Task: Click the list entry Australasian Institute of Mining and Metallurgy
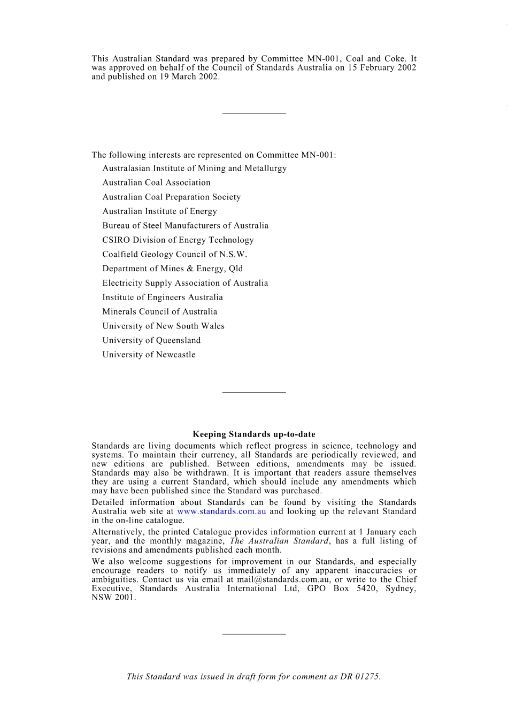(194, 168)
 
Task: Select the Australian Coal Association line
(156, 182)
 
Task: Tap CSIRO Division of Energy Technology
(178, 240)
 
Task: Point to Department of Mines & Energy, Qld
(172, 269)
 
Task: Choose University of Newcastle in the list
(149, 355)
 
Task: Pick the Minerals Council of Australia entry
(160, 311)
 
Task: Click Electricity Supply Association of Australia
(185, 283)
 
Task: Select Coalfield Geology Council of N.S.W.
(175, 254)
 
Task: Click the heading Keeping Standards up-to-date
(254, 434)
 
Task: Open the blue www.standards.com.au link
(221, 511)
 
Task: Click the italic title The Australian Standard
(279, 541)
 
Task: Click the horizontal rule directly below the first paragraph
(254, 113)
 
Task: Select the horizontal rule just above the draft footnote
(254, 634)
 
